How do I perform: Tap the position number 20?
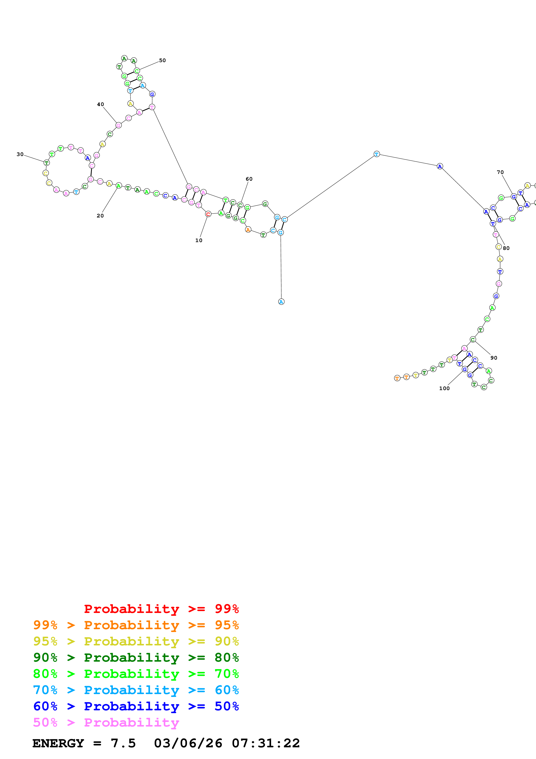(x=100, y=215)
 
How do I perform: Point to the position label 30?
(x=20, y=154)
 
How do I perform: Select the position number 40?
(x=100, y=104)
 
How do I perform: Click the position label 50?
(x=162, y=60)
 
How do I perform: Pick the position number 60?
(x=249, y=179)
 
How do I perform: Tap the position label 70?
(x=500, y=172)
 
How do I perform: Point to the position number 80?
(x=506, y=248)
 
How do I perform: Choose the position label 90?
(x=494, y=358)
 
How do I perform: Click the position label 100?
(x=444, y=388)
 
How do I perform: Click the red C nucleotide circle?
(x=208, y=214)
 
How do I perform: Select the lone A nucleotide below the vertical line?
(x=281, y=301)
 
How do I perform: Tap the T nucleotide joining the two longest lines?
(x=376, y=154)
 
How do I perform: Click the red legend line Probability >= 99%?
(x=161, y=609)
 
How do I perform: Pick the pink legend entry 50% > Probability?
(x=106, y=723)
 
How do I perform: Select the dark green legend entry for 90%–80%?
(x=136, y=658)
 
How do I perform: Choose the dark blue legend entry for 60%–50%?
(x=136, y=706)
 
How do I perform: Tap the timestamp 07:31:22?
(x=266, y=743)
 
